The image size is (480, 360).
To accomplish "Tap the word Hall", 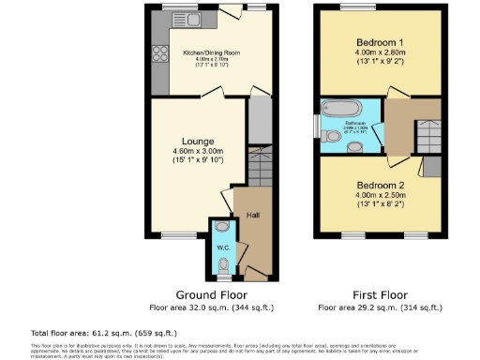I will click(252, 215).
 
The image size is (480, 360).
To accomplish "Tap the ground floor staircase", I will click(258, 167).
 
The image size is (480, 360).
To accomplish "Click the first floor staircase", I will click(429, 141).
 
